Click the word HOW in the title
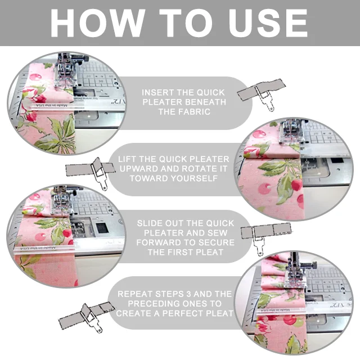tap(97, 23)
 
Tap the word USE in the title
tap(268, 23)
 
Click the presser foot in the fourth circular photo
tap(296, 273)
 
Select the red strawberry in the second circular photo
tap(296, 185)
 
